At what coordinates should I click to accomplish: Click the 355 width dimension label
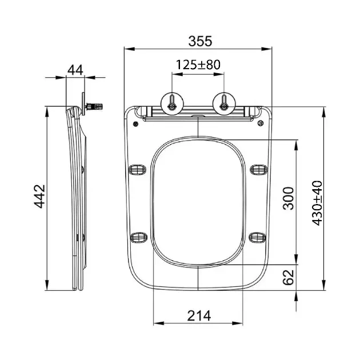coord(200,41)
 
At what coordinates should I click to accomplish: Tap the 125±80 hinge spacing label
coord(198,65)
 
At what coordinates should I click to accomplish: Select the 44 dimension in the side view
coord(75,70)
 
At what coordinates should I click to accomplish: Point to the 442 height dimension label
coord(40,197)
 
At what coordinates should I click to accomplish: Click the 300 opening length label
coord(289,198)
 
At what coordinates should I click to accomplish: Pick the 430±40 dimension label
coord(317,203)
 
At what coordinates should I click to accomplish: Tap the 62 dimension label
coord(289,277)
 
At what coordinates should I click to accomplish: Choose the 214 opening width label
coord(199,315)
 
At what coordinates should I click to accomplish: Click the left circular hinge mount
coord(172,103)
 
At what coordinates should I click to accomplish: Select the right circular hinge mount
coord(224,103)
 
